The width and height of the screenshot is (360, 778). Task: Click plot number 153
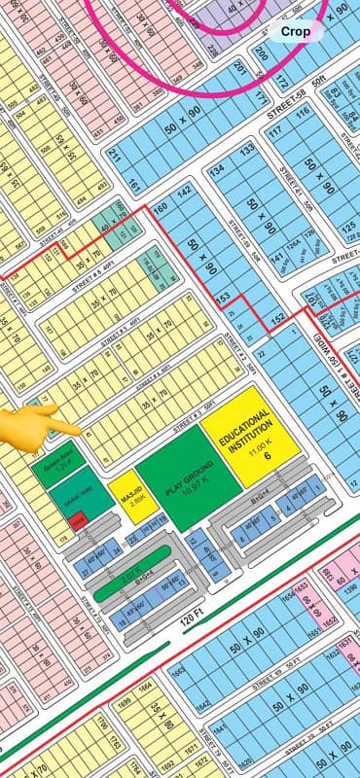click(x=223, y=296)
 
